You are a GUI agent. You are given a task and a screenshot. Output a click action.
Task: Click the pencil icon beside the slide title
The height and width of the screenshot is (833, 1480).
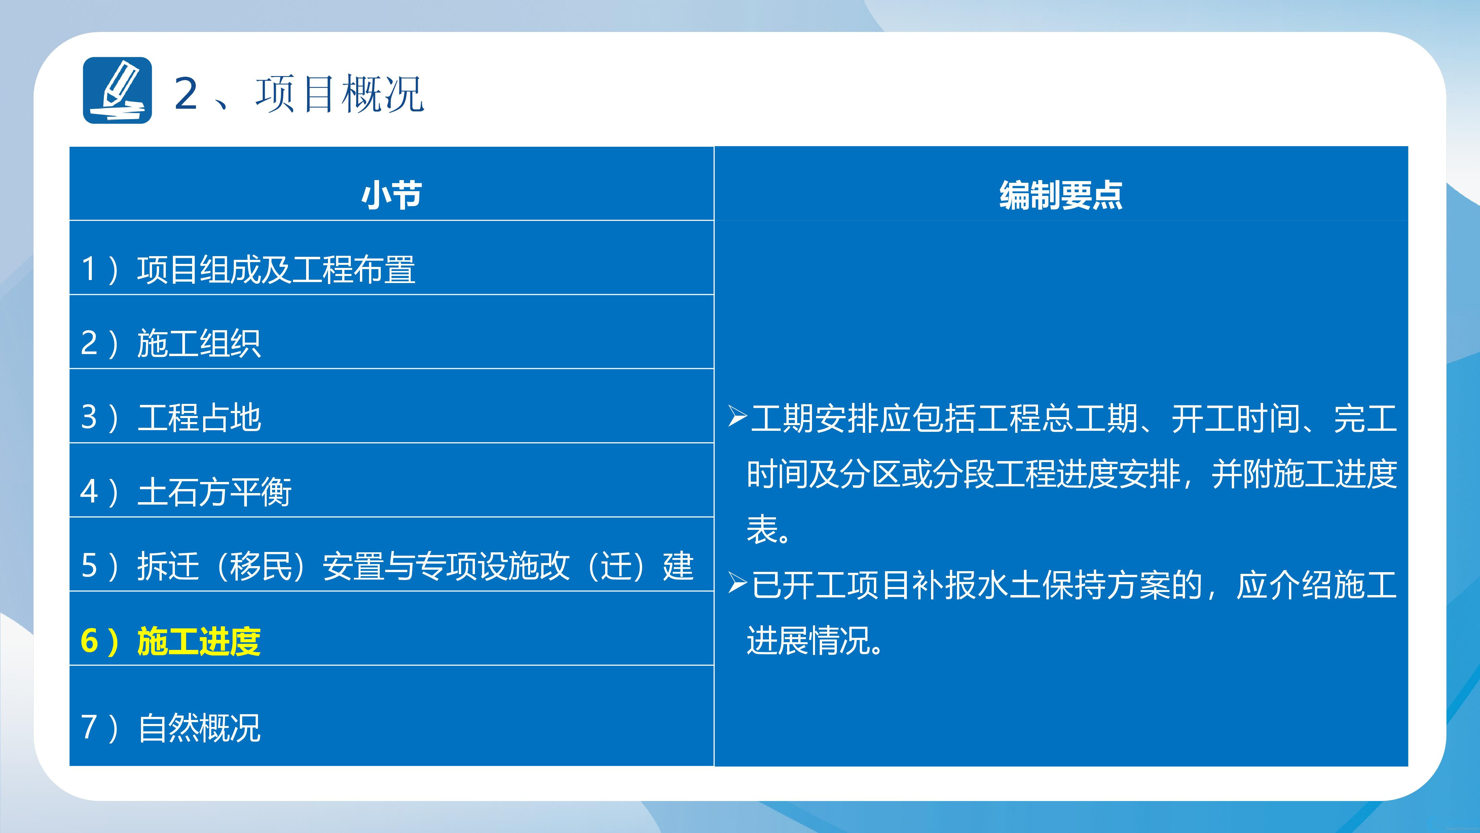[x=117, y=90]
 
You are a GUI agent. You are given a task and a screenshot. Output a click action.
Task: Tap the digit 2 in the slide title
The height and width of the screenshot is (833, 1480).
[x=186, y=93]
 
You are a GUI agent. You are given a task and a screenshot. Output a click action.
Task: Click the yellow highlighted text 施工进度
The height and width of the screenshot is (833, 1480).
[x=199, y=641]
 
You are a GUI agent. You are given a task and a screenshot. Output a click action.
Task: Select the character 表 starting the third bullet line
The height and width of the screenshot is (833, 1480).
[x=763, y=529]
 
